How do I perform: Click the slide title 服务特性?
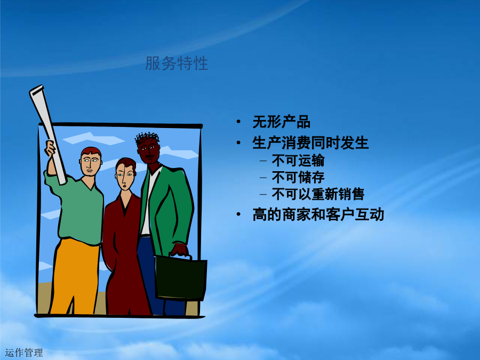coord(177,63)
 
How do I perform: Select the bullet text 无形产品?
coord(281,122)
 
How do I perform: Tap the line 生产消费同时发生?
coord(310,143)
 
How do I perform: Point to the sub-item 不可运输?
coord(298,161)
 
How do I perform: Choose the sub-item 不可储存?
coord(298,177)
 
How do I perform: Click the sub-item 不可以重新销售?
coord(318,194)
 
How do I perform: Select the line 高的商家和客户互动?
coord(318,214)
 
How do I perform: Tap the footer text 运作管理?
coord(24,353)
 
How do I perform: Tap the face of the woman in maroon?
coord(125,177)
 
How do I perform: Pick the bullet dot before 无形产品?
coord(238,122)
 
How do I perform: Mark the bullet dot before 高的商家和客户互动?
coord(238,214)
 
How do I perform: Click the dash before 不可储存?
coord(263,178)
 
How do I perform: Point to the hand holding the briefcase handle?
coord(179,249)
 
